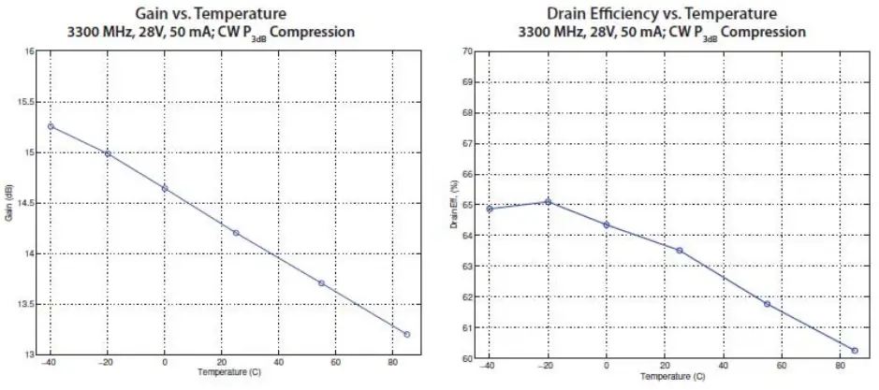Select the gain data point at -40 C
51,126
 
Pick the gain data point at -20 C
108,153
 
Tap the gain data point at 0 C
165,188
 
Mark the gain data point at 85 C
406,334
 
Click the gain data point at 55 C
321,283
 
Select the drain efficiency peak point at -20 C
549,201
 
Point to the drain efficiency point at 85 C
855,350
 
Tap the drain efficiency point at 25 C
679,250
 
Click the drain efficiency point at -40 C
490,209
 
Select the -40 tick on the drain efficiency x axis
488,368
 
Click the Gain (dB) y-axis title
9,203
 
